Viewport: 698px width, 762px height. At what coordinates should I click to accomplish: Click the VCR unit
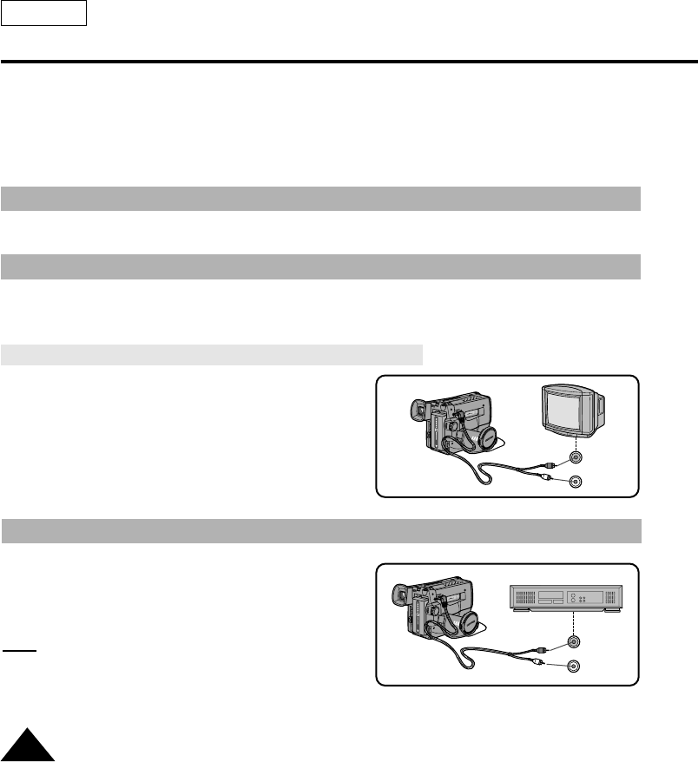[563, 597]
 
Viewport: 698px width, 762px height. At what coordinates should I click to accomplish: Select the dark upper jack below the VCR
[572, 643]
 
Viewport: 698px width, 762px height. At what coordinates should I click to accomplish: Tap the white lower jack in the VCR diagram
[572, 667]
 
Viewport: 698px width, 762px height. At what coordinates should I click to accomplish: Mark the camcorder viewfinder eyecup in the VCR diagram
[401, 597]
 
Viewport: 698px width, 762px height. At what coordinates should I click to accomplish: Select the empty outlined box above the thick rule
[43, 13]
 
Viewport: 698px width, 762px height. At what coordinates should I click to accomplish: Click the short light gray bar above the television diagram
[212, 354]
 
